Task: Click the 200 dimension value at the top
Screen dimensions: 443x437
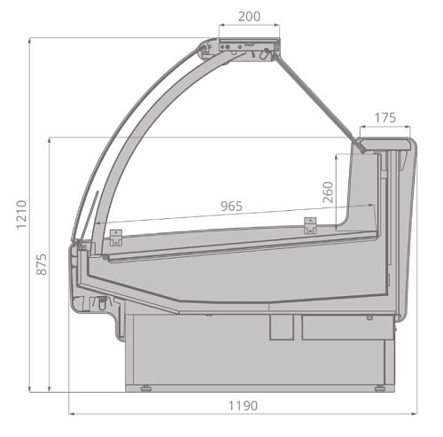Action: coord(249,17)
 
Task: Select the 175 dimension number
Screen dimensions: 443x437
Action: coord(385,118)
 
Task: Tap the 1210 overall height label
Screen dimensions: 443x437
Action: coord(21,215)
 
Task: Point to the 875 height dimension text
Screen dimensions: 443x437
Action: coord(42,264)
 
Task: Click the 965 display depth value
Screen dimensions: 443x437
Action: coord(231,207)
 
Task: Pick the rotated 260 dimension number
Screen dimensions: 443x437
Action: coord(328,192)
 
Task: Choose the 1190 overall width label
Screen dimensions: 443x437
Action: coord(243,406)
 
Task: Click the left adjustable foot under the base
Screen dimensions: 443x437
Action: coord(146,388)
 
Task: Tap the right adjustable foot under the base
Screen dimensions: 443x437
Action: coord(379,388)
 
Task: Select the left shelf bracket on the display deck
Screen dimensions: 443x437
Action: coord(116,238)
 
